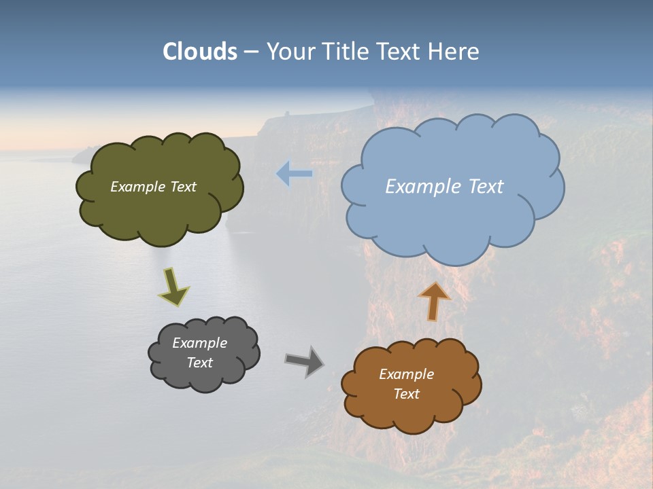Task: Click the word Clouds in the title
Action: tap(200, 52)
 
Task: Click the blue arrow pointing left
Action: tap(295, 174)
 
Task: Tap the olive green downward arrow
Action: tap(173, 286)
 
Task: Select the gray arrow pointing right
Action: tap(305, 361)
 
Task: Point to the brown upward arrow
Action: tap(434, 300)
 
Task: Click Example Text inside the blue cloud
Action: tap(444, 186)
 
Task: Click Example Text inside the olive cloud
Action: tap(153, 187)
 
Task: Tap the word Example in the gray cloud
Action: tap(199, 343)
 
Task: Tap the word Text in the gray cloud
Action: tap(199, 363)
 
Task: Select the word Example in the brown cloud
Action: tap(406, 374)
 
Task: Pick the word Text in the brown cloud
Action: tap(406, 394)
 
